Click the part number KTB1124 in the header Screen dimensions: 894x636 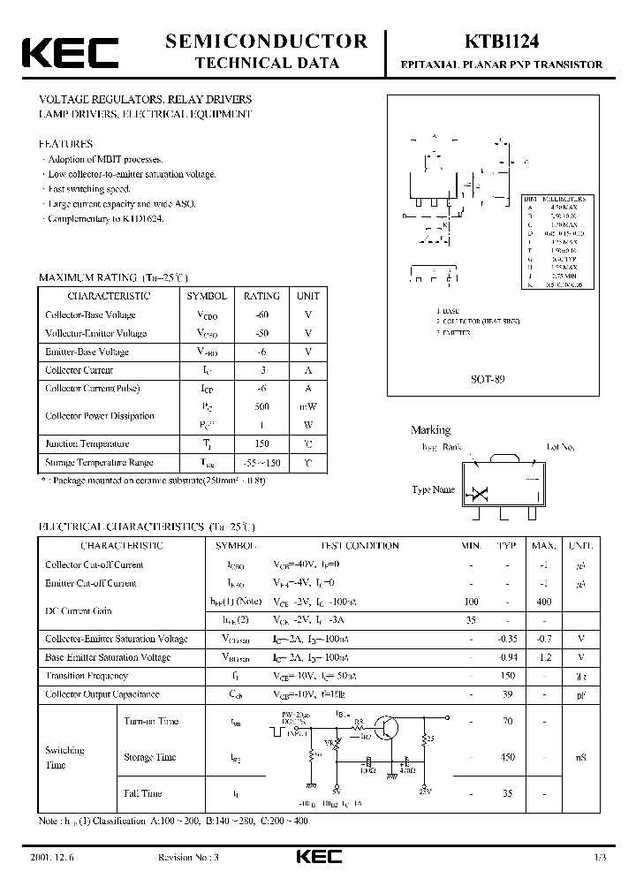tap(502, 41)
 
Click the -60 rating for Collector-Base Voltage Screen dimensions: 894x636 tap(261, 314)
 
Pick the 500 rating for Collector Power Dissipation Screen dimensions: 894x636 tap(261, 406)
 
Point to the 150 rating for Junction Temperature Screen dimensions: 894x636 tap(261, 443)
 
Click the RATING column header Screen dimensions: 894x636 tap(261, 296)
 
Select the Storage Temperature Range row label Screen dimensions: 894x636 tap(99, 462)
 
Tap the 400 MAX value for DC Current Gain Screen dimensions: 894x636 tap(543, 602)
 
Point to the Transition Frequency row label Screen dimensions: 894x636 tap(87, 676)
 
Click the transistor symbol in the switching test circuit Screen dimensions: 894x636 tap(385, 729)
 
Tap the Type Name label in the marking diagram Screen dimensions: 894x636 tap(434, 489)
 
